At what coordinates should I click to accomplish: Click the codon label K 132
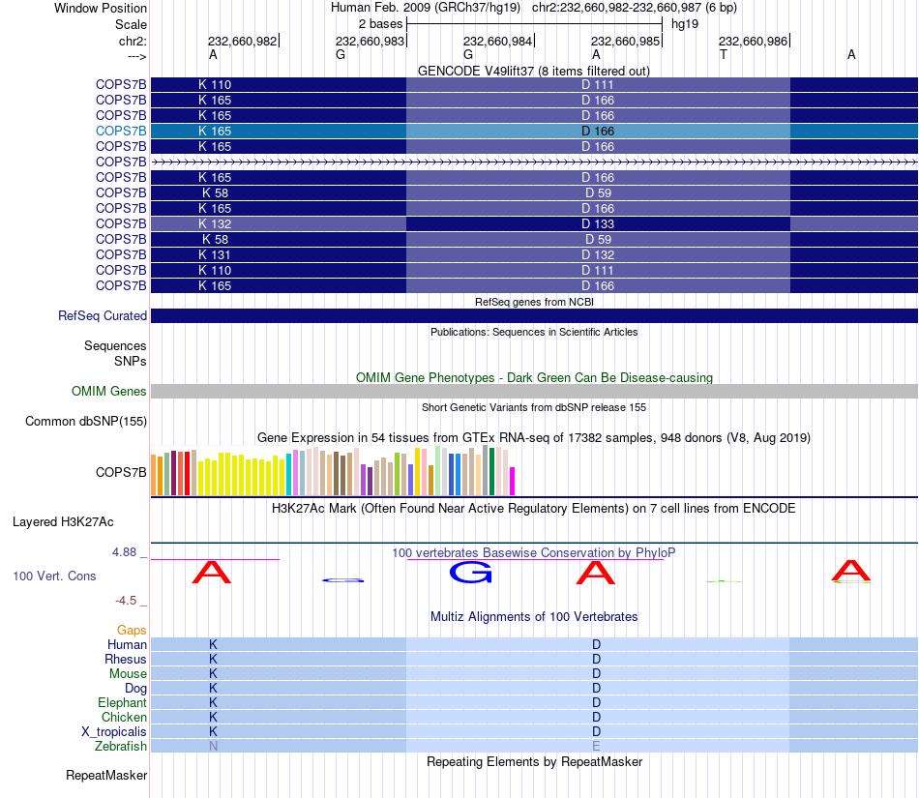coord(215,223)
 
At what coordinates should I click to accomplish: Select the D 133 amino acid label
coord(598,223)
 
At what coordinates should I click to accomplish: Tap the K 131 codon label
coord(215,254)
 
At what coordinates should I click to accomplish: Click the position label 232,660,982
coord(242,42)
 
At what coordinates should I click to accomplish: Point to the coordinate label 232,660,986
coord(753,42)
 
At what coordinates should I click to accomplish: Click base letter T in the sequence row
coord(724,55)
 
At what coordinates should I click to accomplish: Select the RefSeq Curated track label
coord(103,316)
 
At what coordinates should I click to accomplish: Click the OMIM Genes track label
coord(109,392)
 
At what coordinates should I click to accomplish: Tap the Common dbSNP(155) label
coord(86,421)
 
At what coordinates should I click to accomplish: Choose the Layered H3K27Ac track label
coord(63,522)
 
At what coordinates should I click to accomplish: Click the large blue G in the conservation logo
coord(471,573)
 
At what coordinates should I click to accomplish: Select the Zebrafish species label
coord(121,747)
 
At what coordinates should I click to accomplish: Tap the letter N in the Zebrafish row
coord(213,747)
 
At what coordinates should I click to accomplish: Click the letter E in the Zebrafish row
coord(597,747)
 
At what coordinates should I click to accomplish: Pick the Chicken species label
coord(124,718)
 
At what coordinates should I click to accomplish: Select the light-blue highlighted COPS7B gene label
coord(121,131)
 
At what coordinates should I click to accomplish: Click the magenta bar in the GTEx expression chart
coord(513,481)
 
